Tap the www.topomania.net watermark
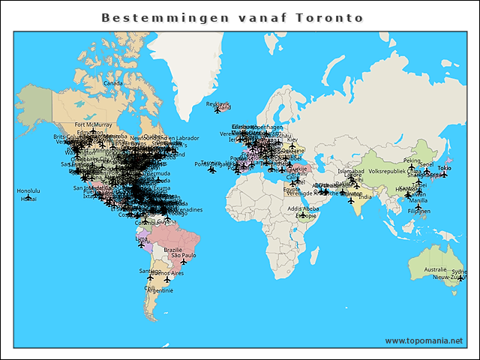(x=424, y=340)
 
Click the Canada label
(x=112, y=83)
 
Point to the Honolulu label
(x=28, y=190)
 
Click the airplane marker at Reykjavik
(x=217, y=110)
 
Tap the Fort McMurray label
(x=93, y=124)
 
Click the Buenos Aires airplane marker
(x=167, y=280)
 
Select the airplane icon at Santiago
(x=150, y=277)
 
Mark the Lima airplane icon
(x=141, y=244)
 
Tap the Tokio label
(x=444, y=168)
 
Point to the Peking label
(x=412, y=160)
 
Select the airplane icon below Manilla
(x=418, y=207)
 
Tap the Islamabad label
(x=350, y=171)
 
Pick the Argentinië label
(x=160, y=289)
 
